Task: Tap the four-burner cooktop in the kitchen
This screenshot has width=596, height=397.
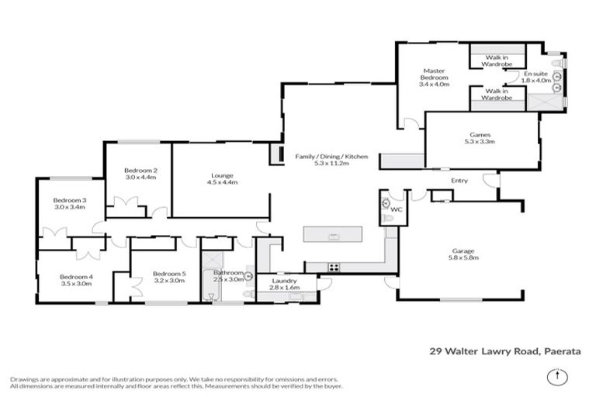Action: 334,267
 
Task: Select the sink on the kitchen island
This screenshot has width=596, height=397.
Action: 334,235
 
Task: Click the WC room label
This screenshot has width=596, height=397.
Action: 397,209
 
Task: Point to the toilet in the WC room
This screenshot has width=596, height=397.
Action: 386,204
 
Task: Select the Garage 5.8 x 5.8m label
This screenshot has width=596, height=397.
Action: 463,254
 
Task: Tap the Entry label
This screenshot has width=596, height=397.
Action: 460,181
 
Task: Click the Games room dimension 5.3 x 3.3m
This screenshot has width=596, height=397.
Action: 480,142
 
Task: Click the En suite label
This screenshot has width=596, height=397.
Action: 535,74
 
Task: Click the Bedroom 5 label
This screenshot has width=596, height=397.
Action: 168,274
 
